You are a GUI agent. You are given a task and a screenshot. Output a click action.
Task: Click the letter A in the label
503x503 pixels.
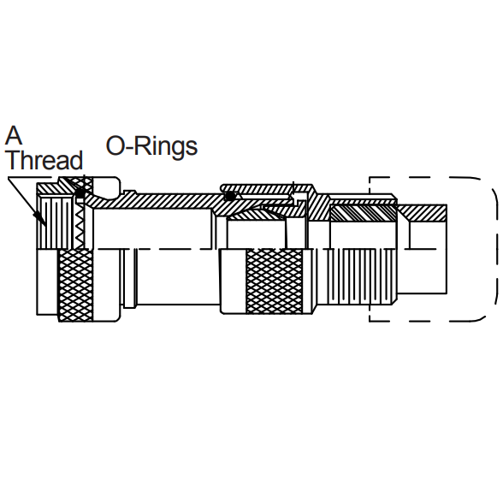(x=14, y=135)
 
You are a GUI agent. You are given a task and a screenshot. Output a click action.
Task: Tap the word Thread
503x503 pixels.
(x=44, y=161)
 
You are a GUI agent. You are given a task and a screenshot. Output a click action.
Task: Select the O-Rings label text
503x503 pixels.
(x=151, y=146)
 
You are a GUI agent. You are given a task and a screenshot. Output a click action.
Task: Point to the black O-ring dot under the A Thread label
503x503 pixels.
(x=80, y=192)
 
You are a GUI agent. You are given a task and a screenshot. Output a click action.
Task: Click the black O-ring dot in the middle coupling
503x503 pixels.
(x=229, y=197)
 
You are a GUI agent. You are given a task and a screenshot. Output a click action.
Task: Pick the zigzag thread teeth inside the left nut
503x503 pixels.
(x=79, y=224)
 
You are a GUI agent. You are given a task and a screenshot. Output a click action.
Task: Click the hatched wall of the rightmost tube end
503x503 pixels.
(x=427, y=210)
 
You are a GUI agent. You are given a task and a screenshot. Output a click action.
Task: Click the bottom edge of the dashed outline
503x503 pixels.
(x=428, y=321)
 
